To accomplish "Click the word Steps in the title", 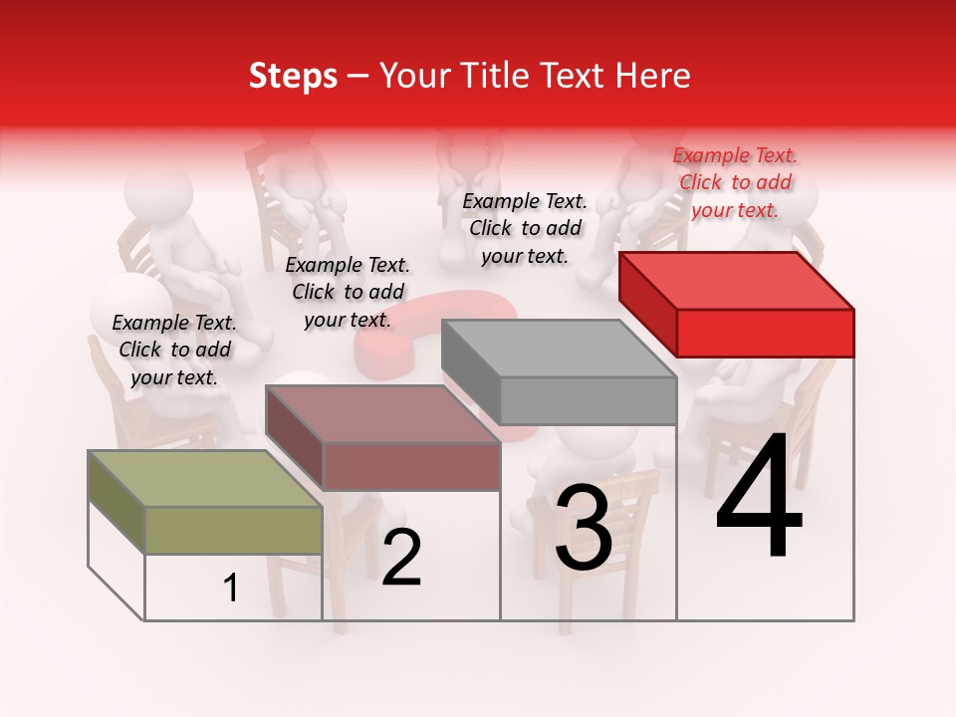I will coord(293,76).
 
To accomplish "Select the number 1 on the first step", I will coord(231,589).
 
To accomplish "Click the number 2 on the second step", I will coord(401,558).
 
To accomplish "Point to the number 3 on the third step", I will coord(584,528).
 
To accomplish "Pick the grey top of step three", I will coord(558,348).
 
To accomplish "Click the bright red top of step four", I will coord(737,280).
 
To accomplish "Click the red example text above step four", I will coord(735,182).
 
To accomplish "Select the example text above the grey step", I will coord(525,228).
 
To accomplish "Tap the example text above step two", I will coord(348,292).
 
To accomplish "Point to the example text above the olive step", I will coord(174,350).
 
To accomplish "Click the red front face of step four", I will coord(765,333).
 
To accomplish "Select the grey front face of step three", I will coord(588,400).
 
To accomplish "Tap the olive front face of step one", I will coord(233,530).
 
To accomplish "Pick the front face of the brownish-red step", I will coord(410,466).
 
